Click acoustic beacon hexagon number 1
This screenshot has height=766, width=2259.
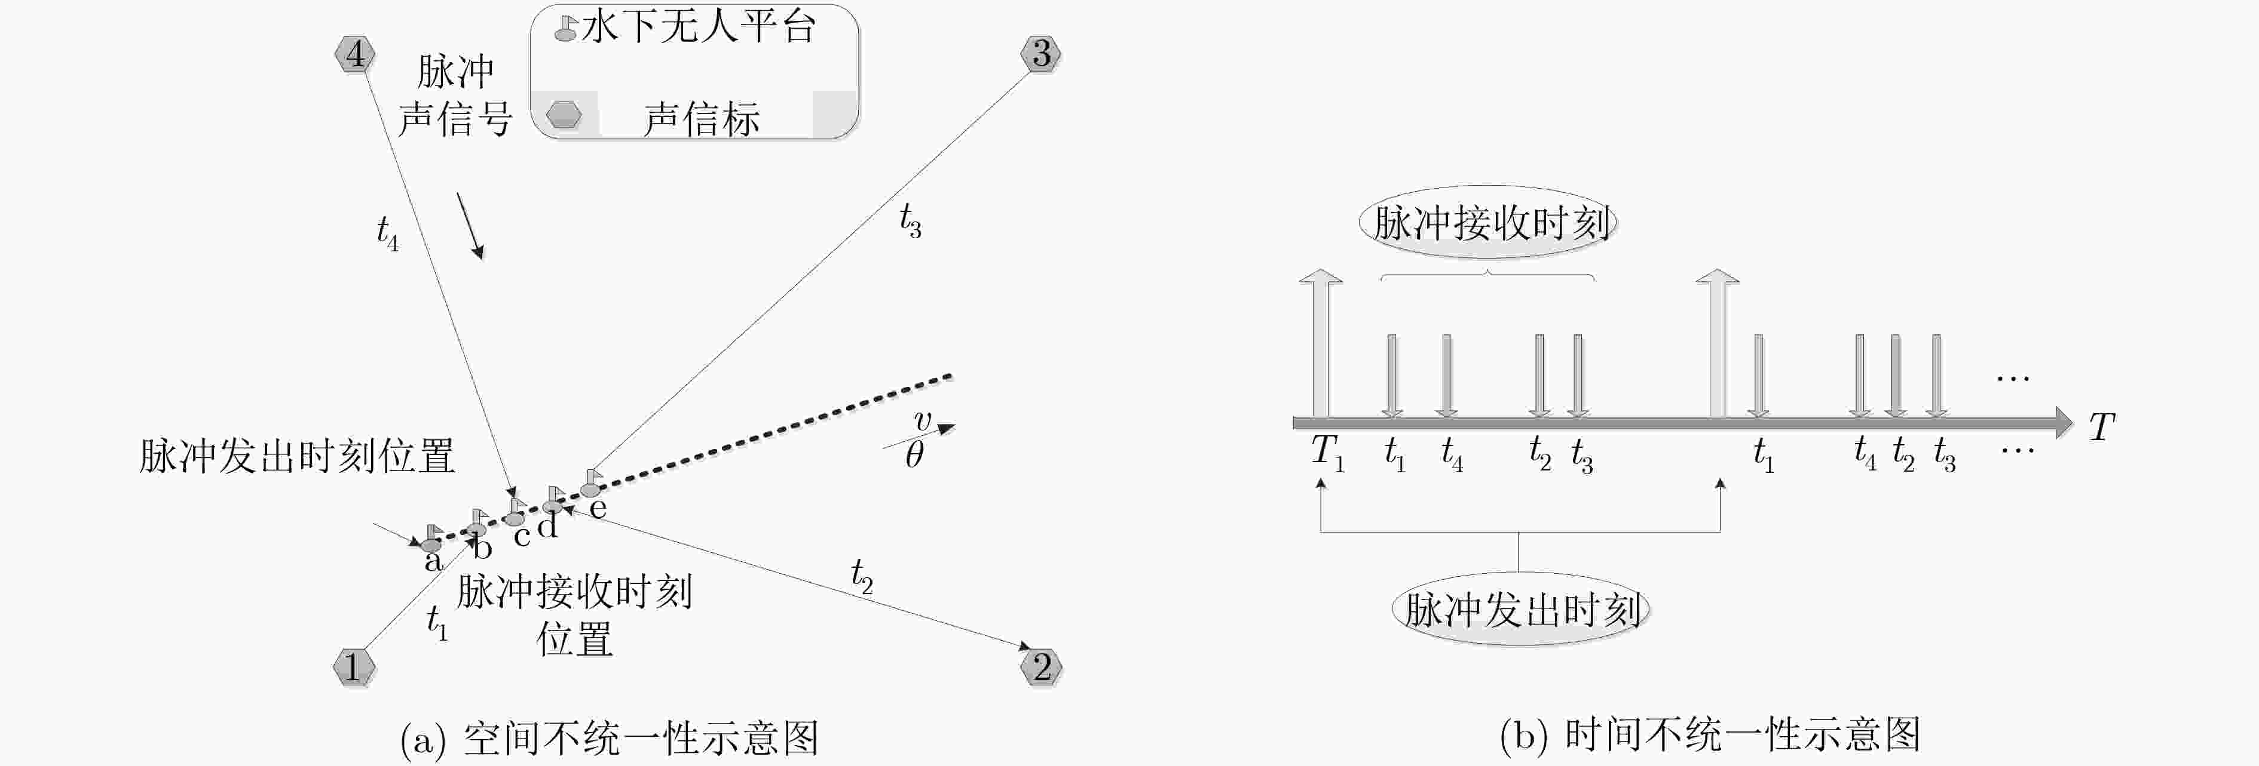tap(354, 668)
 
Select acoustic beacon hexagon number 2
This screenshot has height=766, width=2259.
tap(1041, 668)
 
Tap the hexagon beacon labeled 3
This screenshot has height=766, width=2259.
tap(1041, 54)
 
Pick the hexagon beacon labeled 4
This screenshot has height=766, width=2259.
tap(354, 54)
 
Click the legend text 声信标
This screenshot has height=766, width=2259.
tap(702, 118)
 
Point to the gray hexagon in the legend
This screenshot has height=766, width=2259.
tap(564, 115)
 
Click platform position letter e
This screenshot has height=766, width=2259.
tap(598, 508)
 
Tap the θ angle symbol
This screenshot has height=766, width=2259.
tap(914, 454)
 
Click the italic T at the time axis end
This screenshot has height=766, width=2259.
tap(2102, 427)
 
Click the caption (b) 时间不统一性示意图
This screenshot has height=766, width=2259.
tap(1710, 734)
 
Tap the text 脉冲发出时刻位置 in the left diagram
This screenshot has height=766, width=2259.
tap(297, 456)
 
